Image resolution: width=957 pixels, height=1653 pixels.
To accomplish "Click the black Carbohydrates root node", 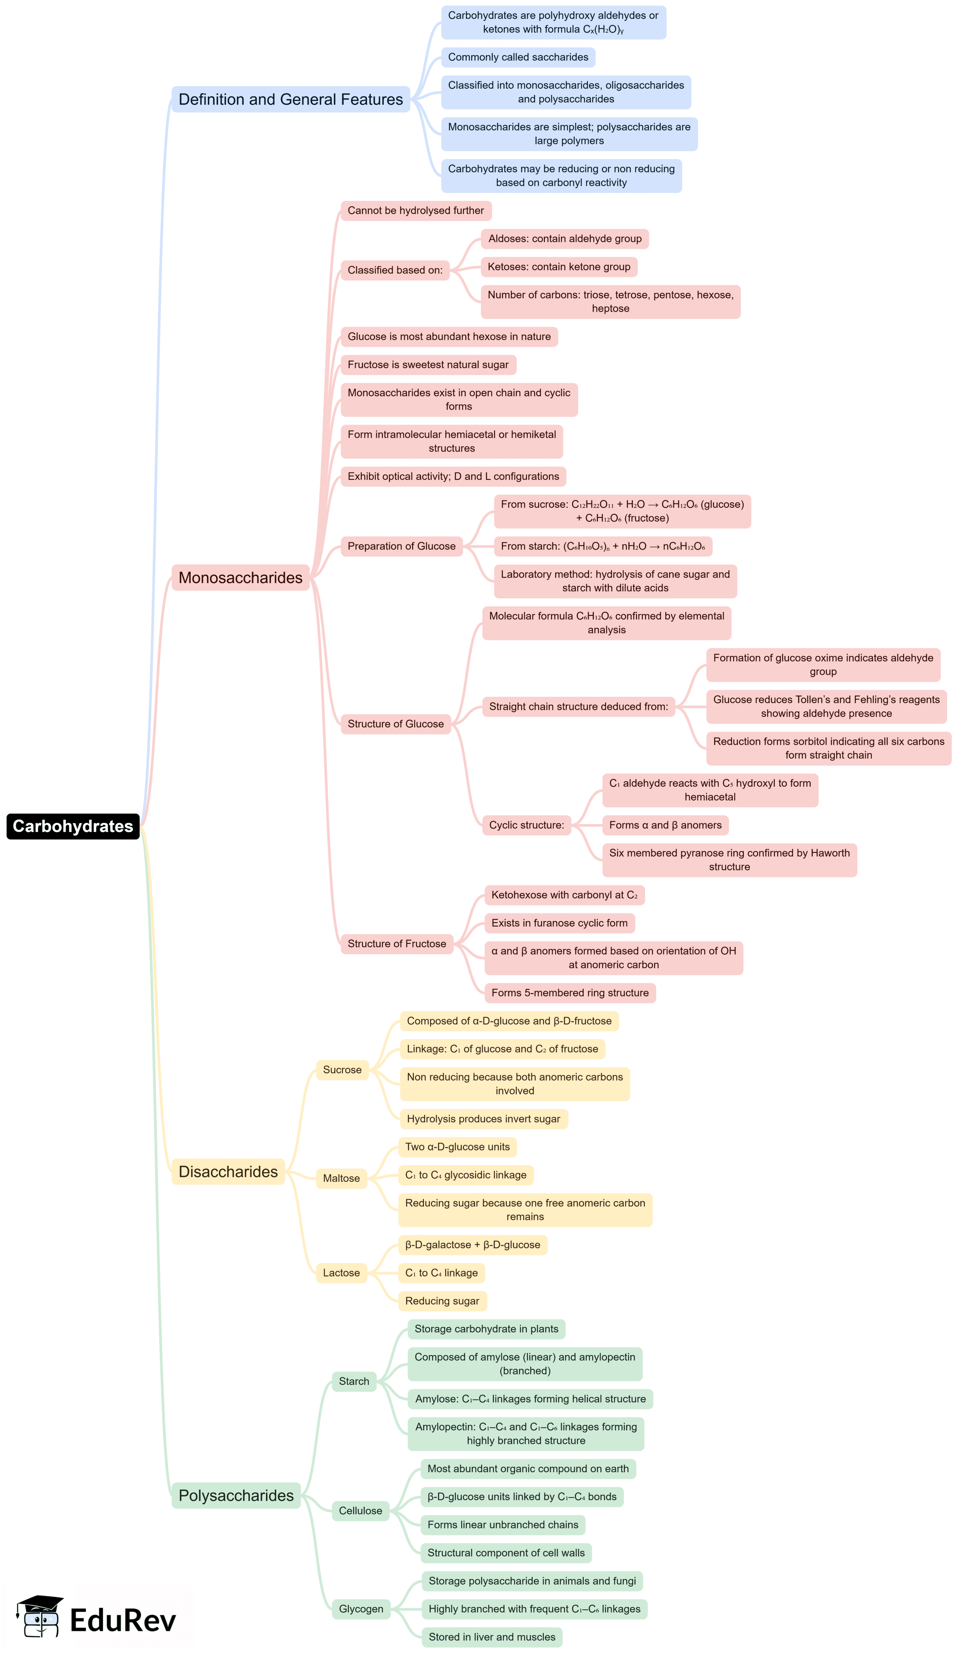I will tap(73, 826).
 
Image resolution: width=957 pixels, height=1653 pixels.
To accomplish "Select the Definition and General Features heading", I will tap(291, 99).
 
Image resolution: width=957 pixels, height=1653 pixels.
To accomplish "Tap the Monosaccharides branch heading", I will tap(240, 577).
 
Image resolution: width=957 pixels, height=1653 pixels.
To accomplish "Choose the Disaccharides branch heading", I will tap(228, 1172).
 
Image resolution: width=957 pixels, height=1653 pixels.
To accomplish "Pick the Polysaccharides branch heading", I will tap(236, 1496).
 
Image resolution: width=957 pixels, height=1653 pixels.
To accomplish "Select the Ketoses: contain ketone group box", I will tap(558, 267).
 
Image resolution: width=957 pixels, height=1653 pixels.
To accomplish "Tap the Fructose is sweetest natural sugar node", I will tap(428, 365).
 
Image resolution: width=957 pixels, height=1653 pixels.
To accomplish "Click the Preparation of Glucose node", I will tap(401, 546).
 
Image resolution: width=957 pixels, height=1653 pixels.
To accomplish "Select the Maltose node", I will tap(341, 1178).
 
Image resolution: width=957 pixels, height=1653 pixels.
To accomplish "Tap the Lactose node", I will tap(341, 1272).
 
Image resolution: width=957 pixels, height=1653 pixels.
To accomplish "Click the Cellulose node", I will tap(360, 1511).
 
